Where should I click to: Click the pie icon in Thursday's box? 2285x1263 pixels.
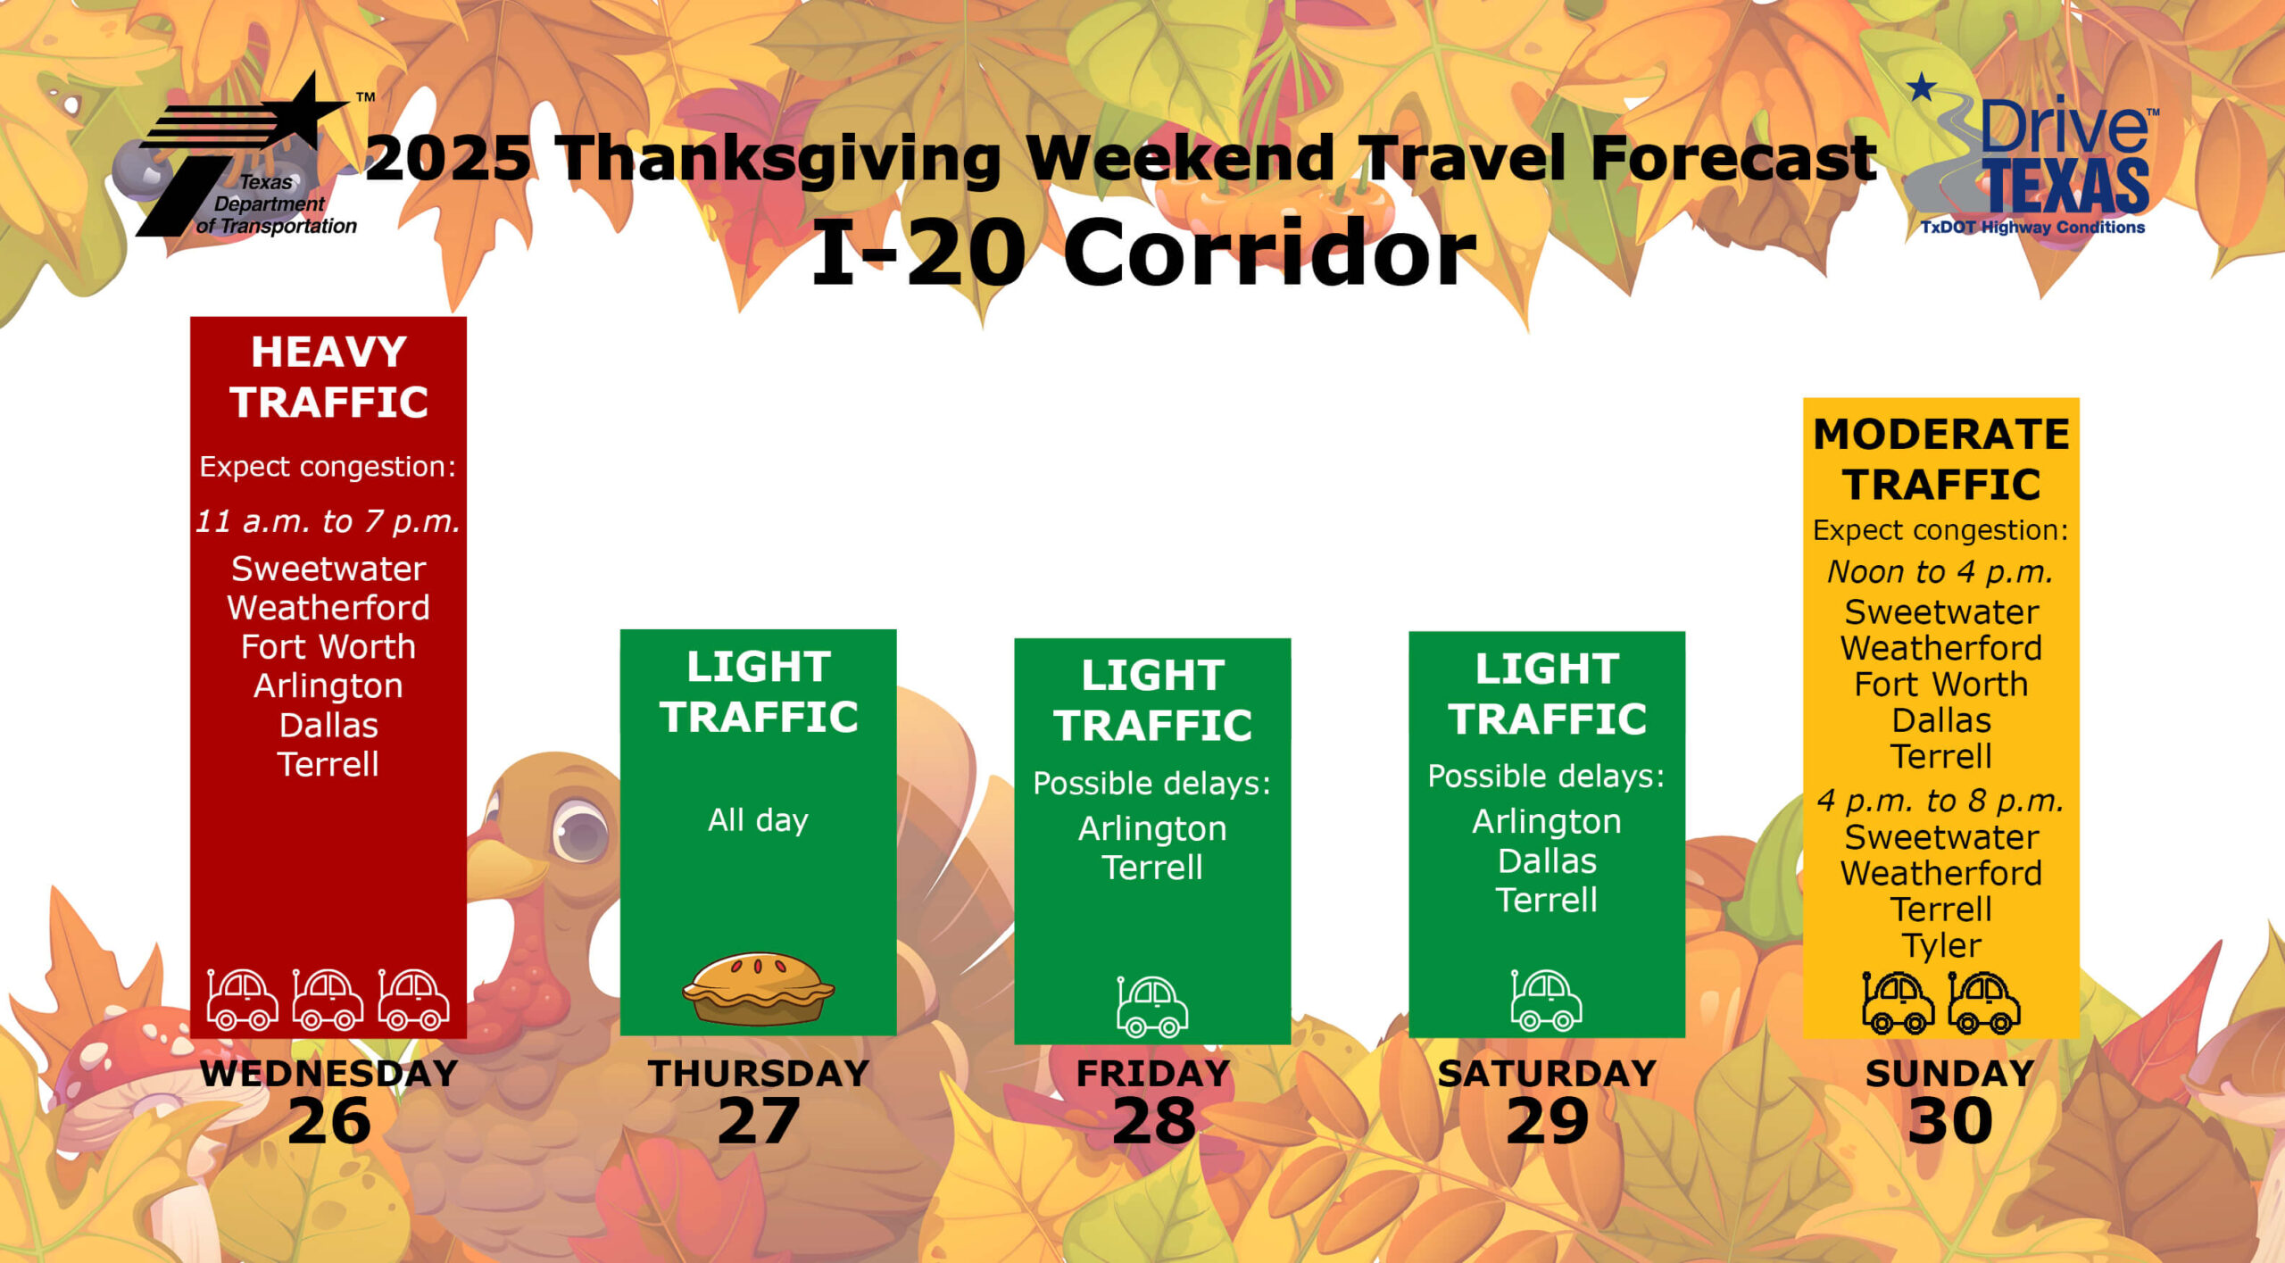tap(759, 989)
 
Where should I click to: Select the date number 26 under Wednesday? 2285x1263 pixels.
tap(329, 1121)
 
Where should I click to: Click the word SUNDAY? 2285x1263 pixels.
tap(1949, 1074)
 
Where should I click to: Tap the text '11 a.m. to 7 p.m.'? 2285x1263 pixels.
tap(328, 521)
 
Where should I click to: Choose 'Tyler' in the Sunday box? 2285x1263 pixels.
tap(1941, 945)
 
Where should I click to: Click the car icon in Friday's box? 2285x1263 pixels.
tap(1151, 1006)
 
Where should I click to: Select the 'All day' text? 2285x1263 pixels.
tap(758, 819)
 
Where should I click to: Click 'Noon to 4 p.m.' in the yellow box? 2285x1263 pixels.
tap(1940, 571)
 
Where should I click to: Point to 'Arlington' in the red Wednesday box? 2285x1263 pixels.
tap(328, 686)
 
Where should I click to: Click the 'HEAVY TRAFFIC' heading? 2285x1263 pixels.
tap(328, 377)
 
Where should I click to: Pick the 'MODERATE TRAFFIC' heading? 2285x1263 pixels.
tap(1941, 460)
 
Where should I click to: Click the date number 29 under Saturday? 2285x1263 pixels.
tap(1547, 1121)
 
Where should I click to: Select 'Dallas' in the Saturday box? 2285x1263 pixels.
tap(1547, 860)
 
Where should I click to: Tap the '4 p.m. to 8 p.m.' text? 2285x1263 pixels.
tap(1940, 801)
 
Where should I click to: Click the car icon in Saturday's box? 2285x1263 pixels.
tap(1546, 1000)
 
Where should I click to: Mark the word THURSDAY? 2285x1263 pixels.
tap(759, 1074)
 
